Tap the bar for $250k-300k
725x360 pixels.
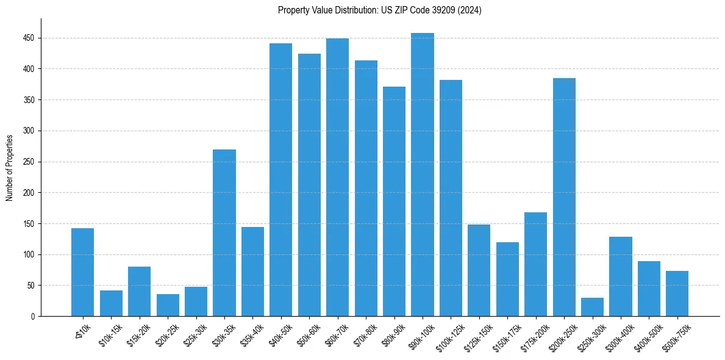tap(592, 307)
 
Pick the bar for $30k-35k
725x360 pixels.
tap(224, 232)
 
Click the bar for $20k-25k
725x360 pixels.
tap(168, 305)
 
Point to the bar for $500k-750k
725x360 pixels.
tap(677, 293)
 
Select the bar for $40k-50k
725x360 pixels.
tap(280, 179)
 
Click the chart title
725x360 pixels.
tap(379, 10)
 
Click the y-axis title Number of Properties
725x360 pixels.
tap(10, 168)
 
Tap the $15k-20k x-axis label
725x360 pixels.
tap(138, 333)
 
